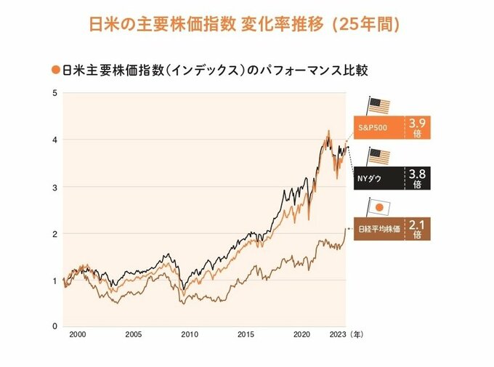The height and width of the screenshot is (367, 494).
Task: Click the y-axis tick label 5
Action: [x=54, y=93]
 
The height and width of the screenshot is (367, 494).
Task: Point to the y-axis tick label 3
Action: [x=54, y=187]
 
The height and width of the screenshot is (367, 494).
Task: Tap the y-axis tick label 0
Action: [x=54, y=326]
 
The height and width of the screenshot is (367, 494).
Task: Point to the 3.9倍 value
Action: [x=417, y=127]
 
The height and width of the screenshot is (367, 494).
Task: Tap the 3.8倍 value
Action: [x=417, y=178]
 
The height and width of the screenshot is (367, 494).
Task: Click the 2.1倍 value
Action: [x=417, y=229]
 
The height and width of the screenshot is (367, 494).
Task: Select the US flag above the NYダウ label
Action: [x=378, y=156]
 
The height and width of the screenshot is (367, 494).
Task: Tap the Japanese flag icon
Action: [x=378, y=206]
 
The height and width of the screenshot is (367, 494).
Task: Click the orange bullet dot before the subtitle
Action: [x=55, y=70]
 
